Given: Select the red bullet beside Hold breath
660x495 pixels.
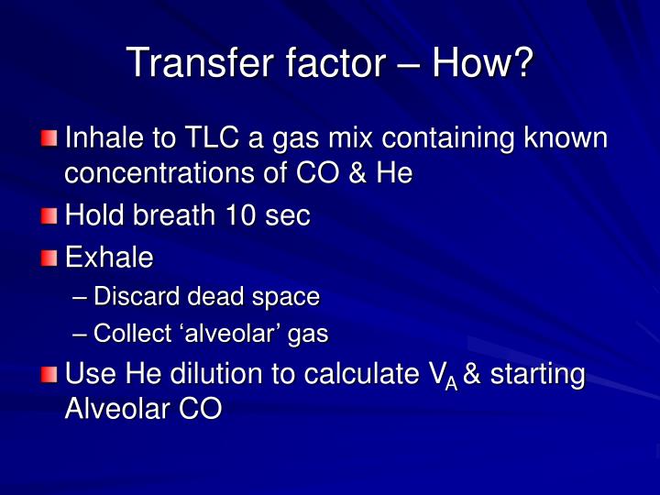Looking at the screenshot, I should (49, 216).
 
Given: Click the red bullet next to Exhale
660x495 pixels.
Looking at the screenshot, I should (49, 258).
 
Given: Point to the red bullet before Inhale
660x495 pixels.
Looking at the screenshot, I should (49, 139).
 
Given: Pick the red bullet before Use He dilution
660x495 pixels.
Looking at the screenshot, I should (49, 375).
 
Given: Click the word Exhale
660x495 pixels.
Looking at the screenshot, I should (108, 258).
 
